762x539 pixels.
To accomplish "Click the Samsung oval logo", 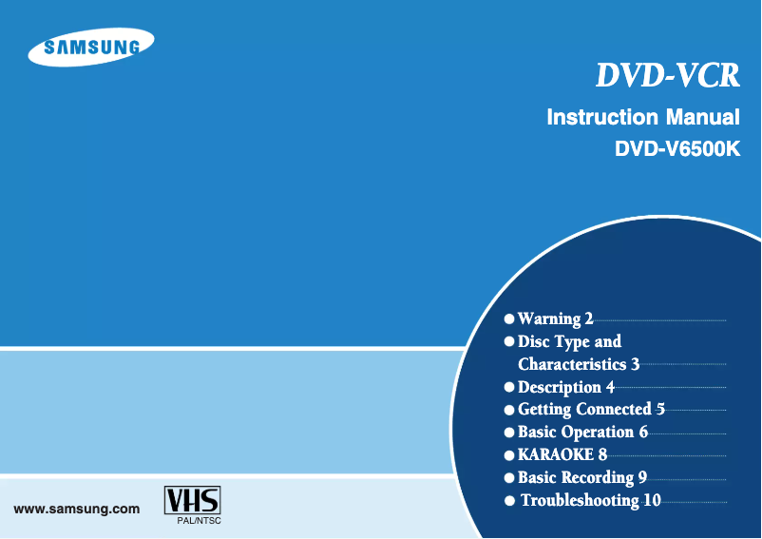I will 91,48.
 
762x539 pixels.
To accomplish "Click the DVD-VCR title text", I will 667,76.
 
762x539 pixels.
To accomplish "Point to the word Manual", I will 703,118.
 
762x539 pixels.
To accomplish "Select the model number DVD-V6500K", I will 676,149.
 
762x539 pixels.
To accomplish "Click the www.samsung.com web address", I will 77,509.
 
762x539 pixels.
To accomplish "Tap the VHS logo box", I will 192,500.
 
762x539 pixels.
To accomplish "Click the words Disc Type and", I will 569,341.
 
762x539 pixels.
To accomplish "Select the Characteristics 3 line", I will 579,364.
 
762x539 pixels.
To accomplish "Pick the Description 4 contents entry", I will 566,387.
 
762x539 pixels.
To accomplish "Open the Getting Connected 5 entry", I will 591,410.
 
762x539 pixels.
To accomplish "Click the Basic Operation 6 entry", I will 582,432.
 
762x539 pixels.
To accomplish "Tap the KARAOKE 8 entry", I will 562,454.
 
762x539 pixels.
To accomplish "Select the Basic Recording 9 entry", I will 582,477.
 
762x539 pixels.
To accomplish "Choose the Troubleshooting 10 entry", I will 590,500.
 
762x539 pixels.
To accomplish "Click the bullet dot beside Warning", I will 510,319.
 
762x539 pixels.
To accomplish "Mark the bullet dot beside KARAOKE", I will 510,454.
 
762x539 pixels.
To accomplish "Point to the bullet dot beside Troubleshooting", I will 511,500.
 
